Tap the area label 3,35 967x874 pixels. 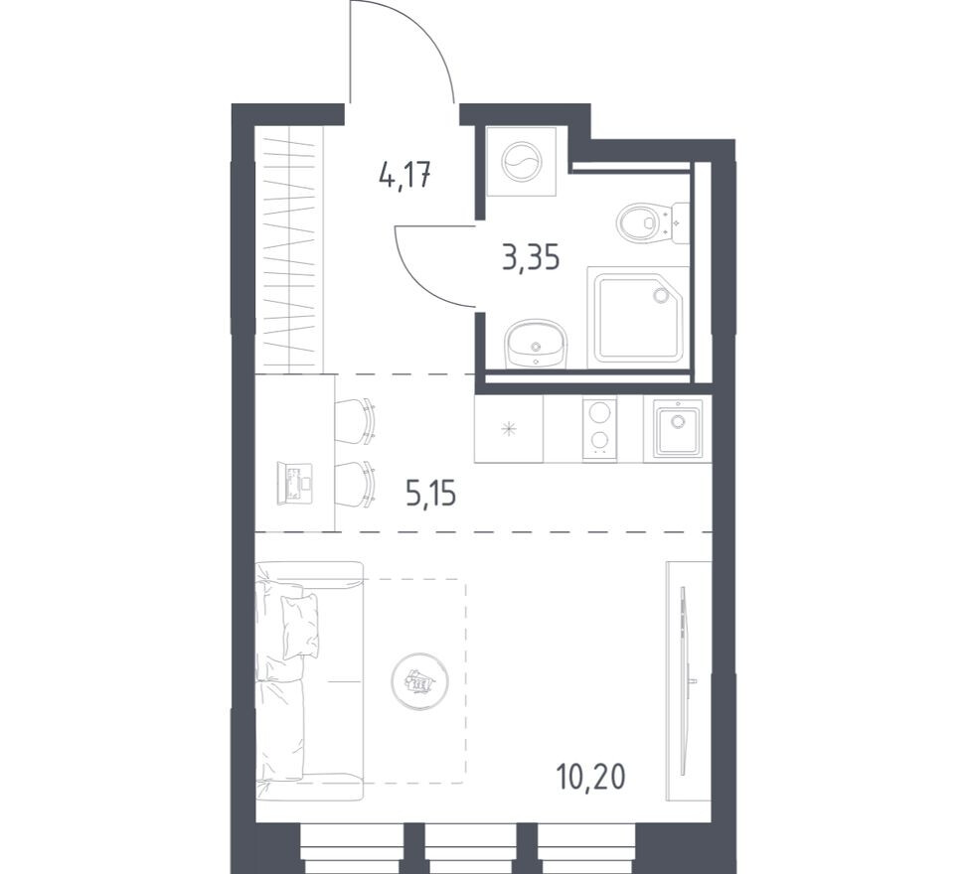pos(530,258)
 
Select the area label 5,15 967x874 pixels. pos(430,491)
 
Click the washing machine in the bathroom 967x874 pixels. pos(522,162)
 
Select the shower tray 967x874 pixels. pos(637,318)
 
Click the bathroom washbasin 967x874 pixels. pos(535,344)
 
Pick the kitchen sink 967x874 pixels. pos(678,428)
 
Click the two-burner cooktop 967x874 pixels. pos(598,428)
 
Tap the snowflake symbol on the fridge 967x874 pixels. pos(509,429)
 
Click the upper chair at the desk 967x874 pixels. pos(356,420)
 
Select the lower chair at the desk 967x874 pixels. pos(356,484)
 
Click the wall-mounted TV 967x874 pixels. pos(684,675)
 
